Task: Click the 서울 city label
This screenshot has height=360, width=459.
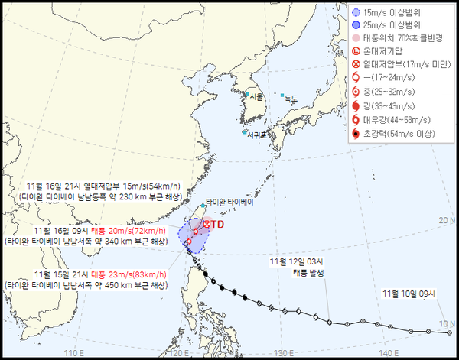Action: click(256, 97)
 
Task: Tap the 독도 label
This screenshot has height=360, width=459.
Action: click(291, 99)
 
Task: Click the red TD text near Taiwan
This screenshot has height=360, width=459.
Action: click(217, 224)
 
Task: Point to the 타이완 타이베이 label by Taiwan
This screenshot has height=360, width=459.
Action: click(229, 203)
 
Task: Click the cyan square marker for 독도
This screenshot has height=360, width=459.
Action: click(281, 95)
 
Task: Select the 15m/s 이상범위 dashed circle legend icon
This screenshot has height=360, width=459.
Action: click(355, 11)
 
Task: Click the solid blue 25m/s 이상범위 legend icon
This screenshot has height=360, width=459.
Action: click(355, 24)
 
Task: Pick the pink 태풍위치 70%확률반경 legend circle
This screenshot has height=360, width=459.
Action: click(355, 38)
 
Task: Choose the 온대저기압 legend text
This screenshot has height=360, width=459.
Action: click(387, 51)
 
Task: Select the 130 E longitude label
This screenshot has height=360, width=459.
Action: click(284, 353)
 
